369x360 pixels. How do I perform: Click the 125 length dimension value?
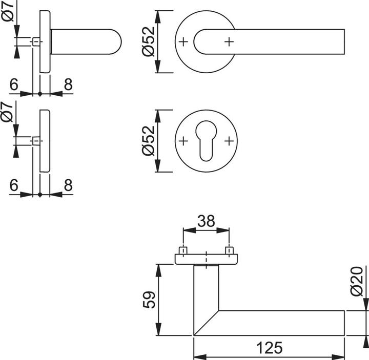coord(270,348)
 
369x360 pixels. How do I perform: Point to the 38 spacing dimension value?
coord(206,222)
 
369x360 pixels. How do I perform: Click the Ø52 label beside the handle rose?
coord(148,41)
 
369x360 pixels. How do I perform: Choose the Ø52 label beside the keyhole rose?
coord(148,141)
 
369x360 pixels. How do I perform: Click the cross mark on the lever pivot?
coord(228,41)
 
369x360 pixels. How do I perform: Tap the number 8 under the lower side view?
coord(68,186)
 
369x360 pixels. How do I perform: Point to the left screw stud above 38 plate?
coord(182,251)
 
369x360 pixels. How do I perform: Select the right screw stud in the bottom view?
coord(230,251)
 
